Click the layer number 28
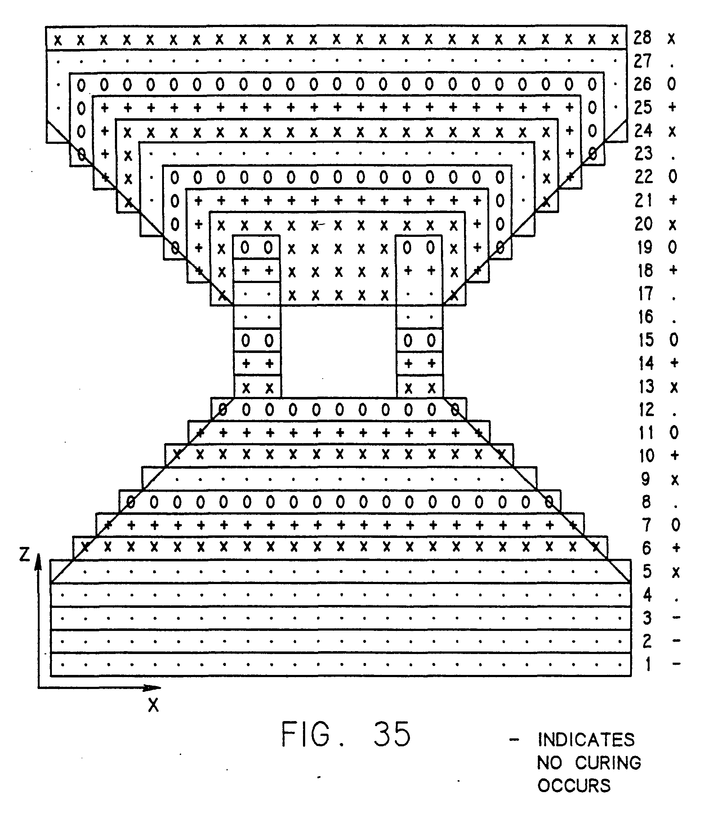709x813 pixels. [643, 38]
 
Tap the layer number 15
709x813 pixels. [646, 340]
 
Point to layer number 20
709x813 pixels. [643, 224]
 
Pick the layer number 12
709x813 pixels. [646, 410]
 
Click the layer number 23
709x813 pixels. [643, 154]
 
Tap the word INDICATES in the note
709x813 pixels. [586, 740]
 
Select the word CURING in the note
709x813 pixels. [608, 763]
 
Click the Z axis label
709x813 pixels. [24, 555]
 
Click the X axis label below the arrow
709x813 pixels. [153, 705]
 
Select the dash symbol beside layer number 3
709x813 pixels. [677, 617]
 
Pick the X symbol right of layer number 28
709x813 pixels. [672, 39]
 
